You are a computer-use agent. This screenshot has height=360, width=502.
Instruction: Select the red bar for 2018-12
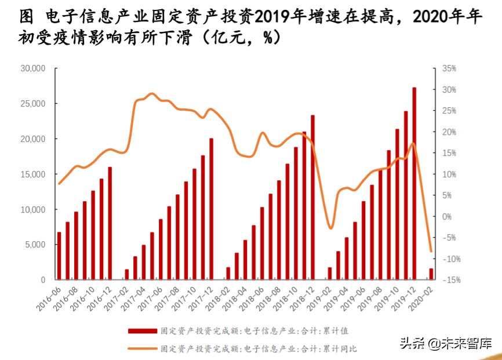(312, 197)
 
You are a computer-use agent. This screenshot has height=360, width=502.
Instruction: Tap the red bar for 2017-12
(212, 209)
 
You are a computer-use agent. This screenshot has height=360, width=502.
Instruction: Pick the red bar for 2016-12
(110, 223)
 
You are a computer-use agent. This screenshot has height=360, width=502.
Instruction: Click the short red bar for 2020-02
(431, 274)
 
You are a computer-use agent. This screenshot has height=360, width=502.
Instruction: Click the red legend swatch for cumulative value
(142, 330)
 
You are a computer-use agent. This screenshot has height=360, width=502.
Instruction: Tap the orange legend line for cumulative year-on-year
(142, 348)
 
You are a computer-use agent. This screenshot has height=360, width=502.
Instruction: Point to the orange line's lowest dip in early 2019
(330, 228)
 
